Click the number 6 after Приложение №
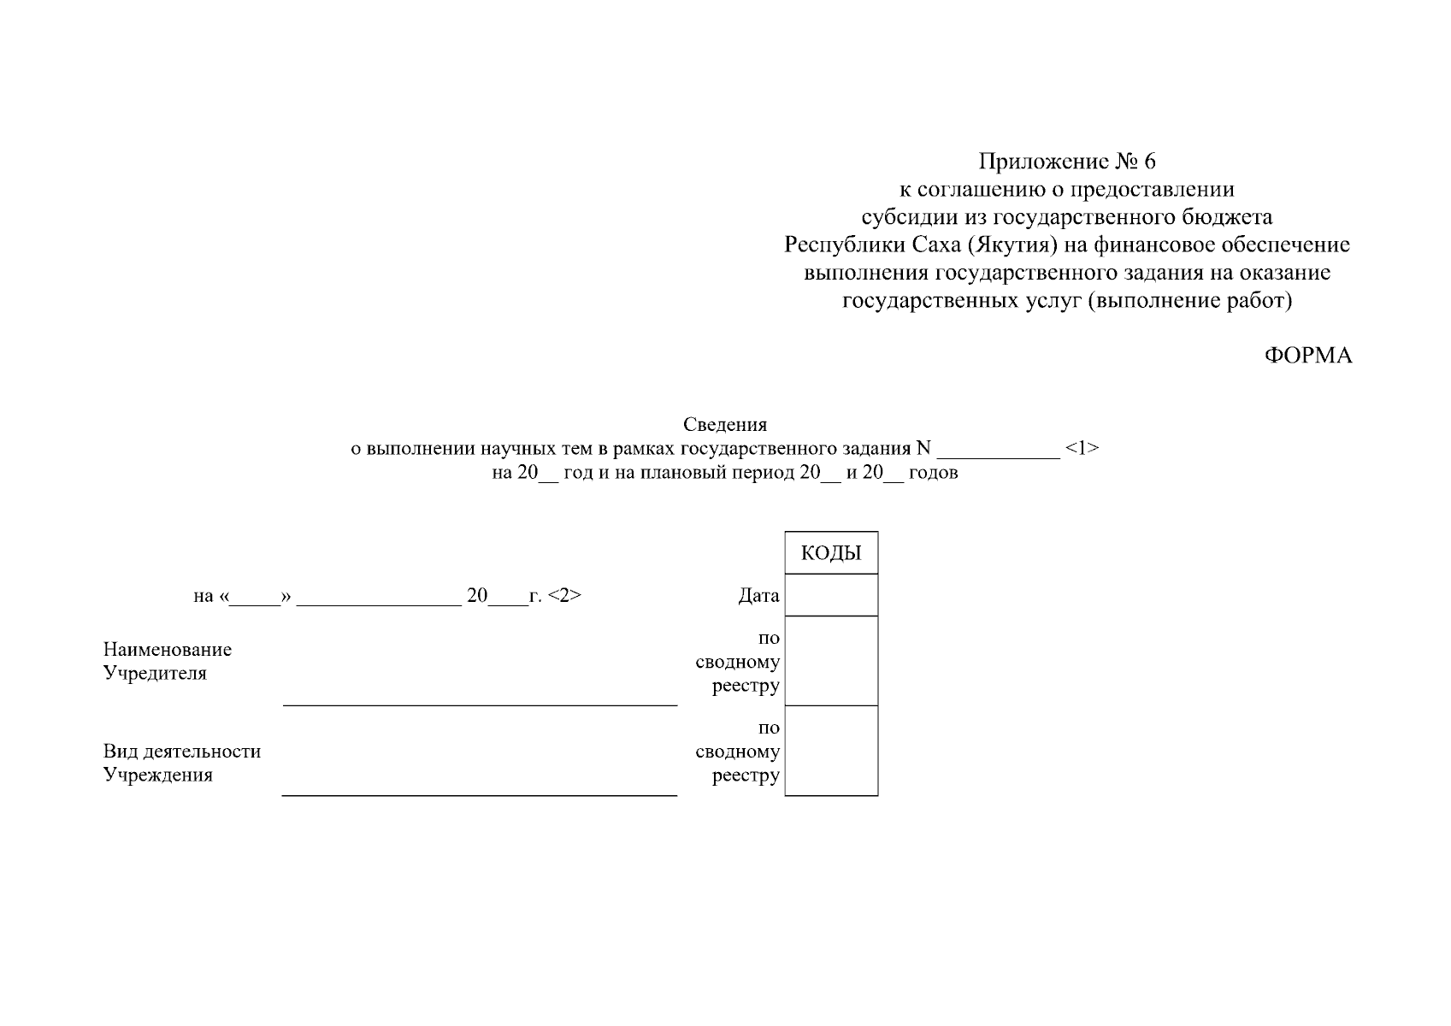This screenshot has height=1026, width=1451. coord(1149,161)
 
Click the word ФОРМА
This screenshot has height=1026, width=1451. coord(1308,356)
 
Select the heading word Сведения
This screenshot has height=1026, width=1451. coord(725,424)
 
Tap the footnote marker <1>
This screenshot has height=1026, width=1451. coord(1082,447)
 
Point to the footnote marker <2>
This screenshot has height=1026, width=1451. coord(564,595)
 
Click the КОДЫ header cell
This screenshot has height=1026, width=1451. coord(831,552)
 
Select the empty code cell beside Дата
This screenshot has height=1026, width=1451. coord(831,594)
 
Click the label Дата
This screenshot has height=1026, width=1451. coord(758,595)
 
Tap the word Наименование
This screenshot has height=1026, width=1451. coord(167,649)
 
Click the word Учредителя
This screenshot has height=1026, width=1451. coord(155,673)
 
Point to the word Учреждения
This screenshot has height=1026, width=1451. coord(158,775)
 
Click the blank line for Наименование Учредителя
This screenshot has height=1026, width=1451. coord(480,705)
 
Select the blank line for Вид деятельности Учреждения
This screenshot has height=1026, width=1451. coord(480,795)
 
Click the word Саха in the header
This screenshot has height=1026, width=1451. coord(936,245)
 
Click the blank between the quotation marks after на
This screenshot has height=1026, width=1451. coord(255,604)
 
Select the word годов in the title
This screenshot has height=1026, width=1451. coord(933,472)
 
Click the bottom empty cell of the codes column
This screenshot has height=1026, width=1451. coord(831,750)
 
